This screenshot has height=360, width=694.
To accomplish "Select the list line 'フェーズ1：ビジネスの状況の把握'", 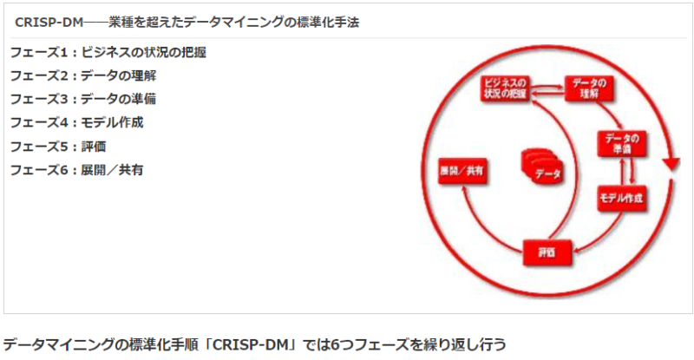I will pyautogui.click(x=108, y=52).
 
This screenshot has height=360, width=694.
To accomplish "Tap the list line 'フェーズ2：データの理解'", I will pyautogui.click(x=83, y=75).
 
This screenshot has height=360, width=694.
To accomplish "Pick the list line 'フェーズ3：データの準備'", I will pyautogui.click(x=83, y=99).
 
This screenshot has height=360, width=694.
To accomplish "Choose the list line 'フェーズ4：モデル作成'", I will pyautogui.click(x=76, y=122).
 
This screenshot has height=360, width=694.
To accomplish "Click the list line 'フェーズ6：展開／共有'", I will pyautogui.click(x=76, y=169).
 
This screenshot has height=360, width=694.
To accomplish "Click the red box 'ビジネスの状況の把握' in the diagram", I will pyautogui.click(x=505, y=88).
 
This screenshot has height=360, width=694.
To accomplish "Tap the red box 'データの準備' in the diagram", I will pyautogui.click(x=621, y=142).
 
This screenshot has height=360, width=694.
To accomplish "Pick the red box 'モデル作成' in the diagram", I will pyautogui.click(x=621, y=199).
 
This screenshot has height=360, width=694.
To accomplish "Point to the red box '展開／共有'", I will pyautogui.click(x=462, y=171).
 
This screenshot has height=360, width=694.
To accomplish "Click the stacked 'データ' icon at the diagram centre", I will pyautogui.click(x=543, y=166).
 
